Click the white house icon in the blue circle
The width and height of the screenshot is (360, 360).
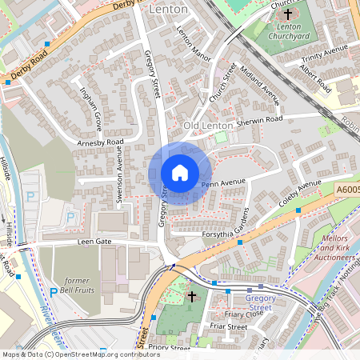coord(180,173)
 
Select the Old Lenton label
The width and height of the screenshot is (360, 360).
coord(208,126)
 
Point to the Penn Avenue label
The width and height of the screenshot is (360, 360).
coord(223,184)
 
